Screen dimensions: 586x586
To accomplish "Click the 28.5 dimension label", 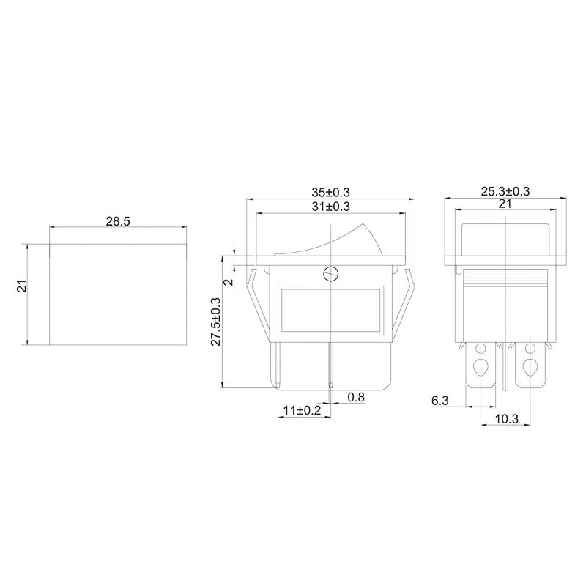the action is [118, 221].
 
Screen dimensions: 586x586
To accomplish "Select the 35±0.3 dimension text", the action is [330, 192].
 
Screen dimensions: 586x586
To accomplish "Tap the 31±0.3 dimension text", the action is [330, 207].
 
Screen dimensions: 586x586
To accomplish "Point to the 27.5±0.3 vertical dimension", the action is [216, 322].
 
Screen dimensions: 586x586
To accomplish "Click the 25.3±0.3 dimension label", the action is [505, 191].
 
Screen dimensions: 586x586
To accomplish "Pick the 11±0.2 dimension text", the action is [302, 410].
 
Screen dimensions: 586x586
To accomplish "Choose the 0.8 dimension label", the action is [356, 397].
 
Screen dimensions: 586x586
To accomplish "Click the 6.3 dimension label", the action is [440, 401].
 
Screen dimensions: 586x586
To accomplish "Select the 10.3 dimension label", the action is [506, 419].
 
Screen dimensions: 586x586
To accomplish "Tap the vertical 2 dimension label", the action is [229, 281].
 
